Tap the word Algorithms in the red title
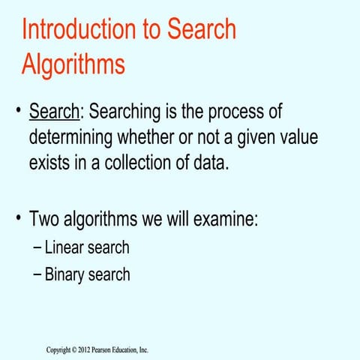coord(73,64)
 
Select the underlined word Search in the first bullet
coord(54,112)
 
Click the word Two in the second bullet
coord(46,221)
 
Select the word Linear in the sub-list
coord(64,247)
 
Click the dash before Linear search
coord(37,247)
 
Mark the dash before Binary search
coord(37,274)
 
